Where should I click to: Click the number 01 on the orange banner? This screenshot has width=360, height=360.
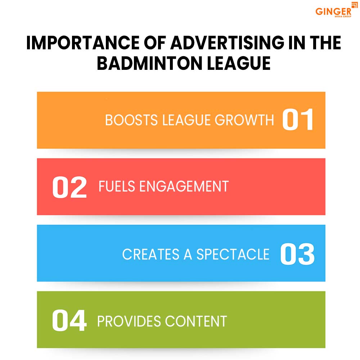point(297,120)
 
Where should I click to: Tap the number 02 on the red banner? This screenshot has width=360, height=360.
point(69,186)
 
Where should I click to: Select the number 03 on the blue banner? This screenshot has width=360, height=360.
point(297,254)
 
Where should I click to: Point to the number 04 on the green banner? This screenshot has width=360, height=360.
point(69,321)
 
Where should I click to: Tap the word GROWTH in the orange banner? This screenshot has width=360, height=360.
point(244,120)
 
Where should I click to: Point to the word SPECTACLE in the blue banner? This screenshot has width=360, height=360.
point(233,254)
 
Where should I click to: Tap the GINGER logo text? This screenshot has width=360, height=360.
point(333,12)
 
